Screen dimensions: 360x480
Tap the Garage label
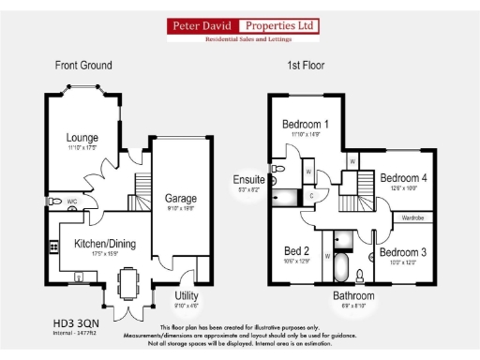click(180, 199)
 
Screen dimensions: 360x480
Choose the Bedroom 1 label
click(305, 125)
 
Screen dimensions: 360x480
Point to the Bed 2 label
click(297, 250)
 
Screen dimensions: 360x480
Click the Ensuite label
click(248, 179)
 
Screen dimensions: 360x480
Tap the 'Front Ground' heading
click(84, 65)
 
